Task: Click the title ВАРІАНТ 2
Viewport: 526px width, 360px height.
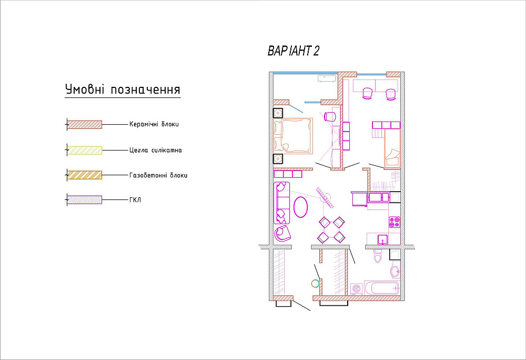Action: [293, 51]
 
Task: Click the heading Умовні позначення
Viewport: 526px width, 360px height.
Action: [123, 89]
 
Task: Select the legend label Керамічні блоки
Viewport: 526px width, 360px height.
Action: [154, 124]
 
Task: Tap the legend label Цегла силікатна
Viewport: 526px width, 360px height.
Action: [156, 150]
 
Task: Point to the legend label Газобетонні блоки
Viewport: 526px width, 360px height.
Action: [158, 175]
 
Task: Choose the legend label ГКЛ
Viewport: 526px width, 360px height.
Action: [135, 200]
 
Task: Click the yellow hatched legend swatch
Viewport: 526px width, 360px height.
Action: [85, 150]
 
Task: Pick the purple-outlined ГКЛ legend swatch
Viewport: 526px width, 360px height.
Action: [85, 200]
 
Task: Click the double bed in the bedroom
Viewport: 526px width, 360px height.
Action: [294, 136]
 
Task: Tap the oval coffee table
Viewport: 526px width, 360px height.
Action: [300, 207]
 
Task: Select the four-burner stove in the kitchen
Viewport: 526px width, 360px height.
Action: [394, 222]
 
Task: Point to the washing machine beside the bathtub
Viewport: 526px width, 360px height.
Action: [357, 289]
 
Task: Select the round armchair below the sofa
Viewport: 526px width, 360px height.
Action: [282, 233]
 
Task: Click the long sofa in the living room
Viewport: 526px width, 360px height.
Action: [282, 203]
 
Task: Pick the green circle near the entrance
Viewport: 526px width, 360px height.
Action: [315, 284]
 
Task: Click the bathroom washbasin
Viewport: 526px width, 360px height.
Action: [396, 271]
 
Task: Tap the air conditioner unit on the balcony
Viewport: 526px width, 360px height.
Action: [327, 78]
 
